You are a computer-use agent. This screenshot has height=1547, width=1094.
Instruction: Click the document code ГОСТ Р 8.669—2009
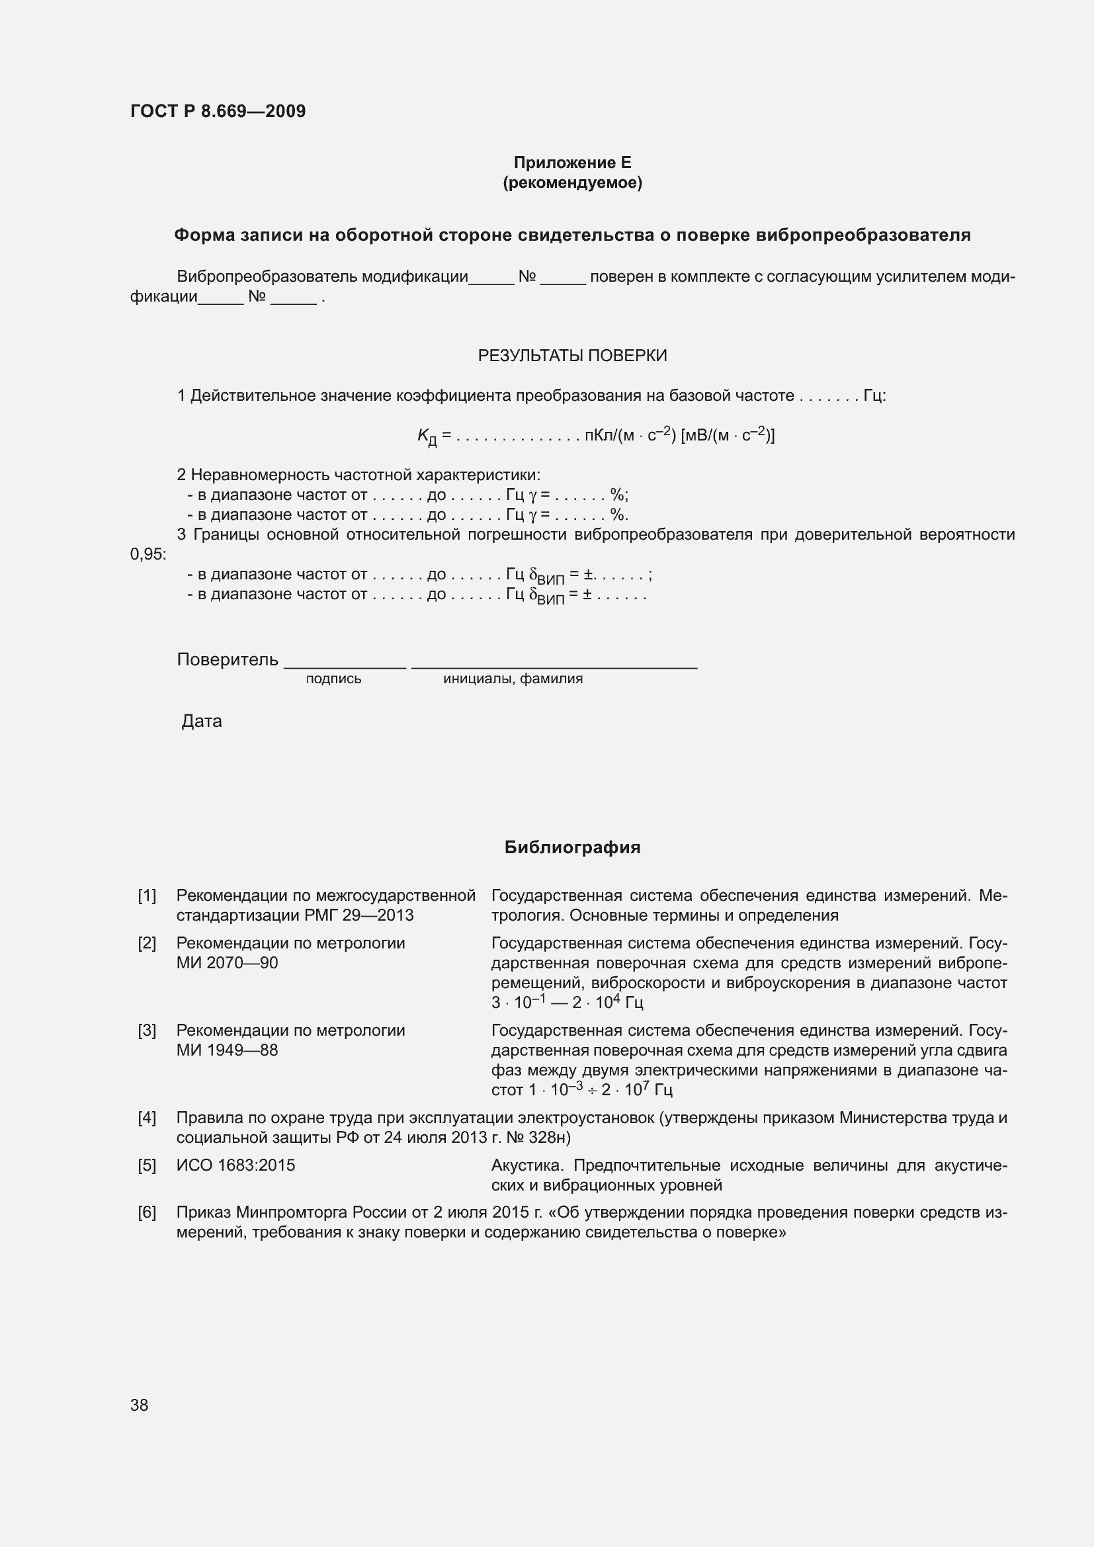point(218,111)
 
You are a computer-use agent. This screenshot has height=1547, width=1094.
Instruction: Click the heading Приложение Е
point(572,163)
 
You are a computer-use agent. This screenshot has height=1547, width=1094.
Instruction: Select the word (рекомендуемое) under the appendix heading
point(572,183)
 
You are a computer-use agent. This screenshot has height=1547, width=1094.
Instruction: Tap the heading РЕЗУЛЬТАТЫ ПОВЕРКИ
point(572,355)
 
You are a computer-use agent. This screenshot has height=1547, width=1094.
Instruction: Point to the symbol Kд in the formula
point(427,437)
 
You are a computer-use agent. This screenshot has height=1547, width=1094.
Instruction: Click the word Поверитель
point(227,659)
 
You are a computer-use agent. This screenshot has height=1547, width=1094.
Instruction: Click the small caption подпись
point(333,679)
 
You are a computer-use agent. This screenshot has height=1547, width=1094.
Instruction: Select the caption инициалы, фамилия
point(513,679)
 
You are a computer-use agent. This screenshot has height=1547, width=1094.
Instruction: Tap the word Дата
point(202,721)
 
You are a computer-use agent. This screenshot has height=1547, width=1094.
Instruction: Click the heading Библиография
point(572,848)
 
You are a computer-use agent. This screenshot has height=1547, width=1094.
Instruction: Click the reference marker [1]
point(147,896)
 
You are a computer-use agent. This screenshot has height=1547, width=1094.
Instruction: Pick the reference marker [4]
point(147,1118)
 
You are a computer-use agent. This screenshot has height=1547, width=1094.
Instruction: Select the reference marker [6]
point(147,1212)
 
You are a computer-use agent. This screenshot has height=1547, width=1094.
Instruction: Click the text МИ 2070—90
point(227,963)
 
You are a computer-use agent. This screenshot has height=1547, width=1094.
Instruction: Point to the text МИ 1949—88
point(227,1050)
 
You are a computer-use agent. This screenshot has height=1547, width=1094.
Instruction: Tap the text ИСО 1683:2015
point(235,1165)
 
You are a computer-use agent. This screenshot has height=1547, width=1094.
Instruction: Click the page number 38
point(140,1405)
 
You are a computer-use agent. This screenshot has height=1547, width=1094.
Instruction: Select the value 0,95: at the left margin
point(147,554)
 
